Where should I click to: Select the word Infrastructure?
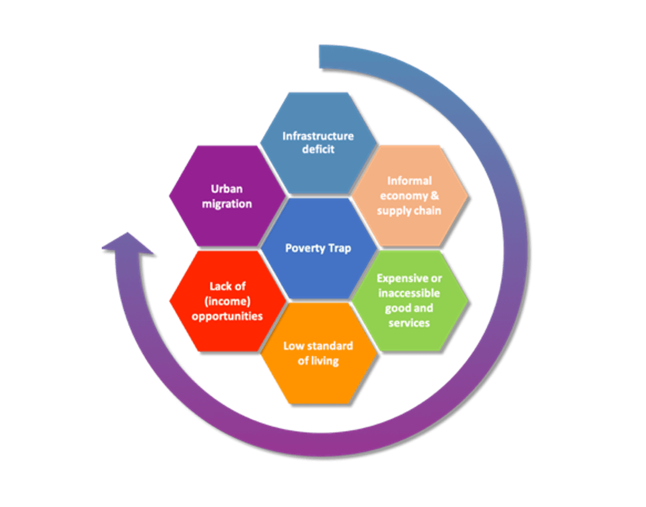click(318, 136)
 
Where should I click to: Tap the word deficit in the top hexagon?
click(318, 149)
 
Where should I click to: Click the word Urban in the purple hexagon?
click(227, 189)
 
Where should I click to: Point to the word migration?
click(227, 204)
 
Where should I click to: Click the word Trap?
click(340, 248)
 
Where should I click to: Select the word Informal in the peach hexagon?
click(409, 181)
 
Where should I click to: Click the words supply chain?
click(409, 210)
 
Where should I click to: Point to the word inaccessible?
click(409, 293)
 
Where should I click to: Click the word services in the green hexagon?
click(409, 322)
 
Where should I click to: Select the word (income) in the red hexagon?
click(227, 301)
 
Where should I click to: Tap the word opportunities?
click(227, 316)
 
